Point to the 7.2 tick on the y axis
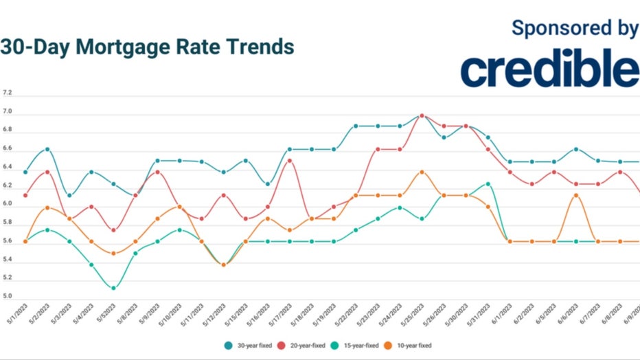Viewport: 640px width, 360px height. tap(8, 92)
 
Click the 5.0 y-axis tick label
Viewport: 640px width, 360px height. tap(8, 297)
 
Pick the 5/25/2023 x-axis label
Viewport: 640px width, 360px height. tap(414, 315)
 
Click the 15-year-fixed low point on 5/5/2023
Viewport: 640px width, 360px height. tap(113, 288)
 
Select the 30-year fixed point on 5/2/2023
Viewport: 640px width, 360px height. tap(47, 148)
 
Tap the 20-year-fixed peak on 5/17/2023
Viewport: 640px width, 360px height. tap(290, 161)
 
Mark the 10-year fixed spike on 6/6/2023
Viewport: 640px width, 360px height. tap(576, 195)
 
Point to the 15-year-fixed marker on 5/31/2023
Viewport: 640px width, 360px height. tap(488, 184)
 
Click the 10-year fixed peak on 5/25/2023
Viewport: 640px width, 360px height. tap(422, 172)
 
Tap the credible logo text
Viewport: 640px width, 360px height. tap(549, 70)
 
